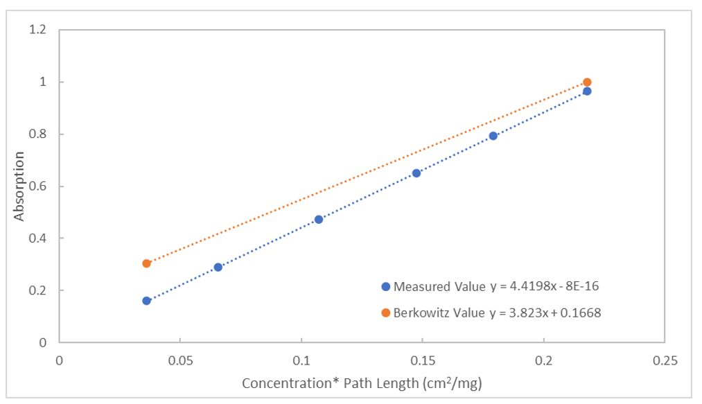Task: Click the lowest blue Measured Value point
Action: [146, 301]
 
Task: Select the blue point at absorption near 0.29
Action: [218, 267]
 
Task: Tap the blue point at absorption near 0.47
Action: [319, 220]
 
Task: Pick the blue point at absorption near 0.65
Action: [416, 173]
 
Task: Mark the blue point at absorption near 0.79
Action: [493, 136]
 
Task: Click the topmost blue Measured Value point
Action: [587, 91]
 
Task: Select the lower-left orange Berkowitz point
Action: [146, 263]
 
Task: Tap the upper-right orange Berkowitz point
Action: [587, 82]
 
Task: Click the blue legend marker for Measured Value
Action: [385, 286]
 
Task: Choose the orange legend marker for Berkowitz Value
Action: [385, 313]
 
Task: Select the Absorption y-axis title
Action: [19, 186]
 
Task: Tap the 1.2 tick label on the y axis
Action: [38, 30]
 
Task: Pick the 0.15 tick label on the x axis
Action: [422, 360]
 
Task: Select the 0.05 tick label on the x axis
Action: [179, 360]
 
